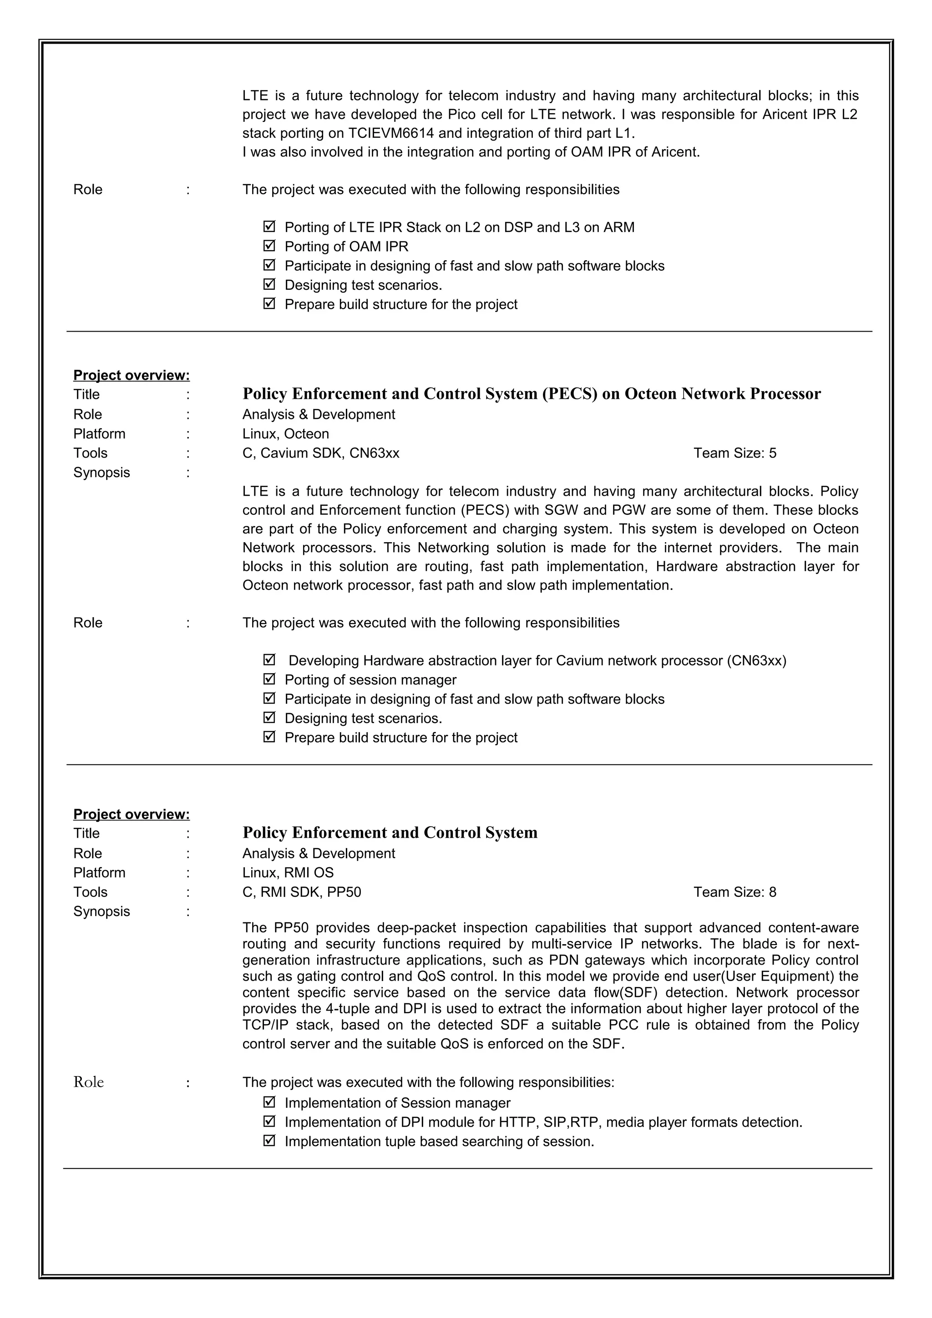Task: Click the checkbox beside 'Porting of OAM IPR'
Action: pyautogui.click(x=269, y=246)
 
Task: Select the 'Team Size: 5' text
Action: pyautogui.click(x=734, y=453)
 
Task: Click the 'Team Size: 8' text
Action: pyautogui.click(x=734, y=891)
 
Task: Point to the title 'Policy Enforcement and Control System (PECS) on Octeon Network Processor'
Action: pyautogui.click(x=531, y=394)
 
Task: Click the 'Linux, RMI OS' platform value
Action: pyautogui.click(x=288, y=873)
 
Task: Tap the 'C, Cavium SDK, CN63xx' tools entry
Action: pyautogui.click(x=320, y=453)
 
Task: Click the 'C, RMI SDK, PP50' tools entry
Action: pyautogui.click(x=301, y=891)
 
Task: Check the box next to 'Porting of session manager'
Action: pyautogui.click(x=269, y=679)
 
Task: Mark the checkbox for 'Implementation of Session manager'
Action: pyautogui.click(x=269, y=1102)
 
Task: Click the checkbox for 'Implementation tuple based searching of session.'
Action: pyautogui.click(x=269, y=1141)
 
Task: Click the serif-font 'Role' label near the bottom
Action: pyautogui.click(x=88, y=1082)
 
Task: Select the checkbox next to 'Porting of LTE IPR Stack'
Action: pyautogui.click(x=269, y=227)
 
